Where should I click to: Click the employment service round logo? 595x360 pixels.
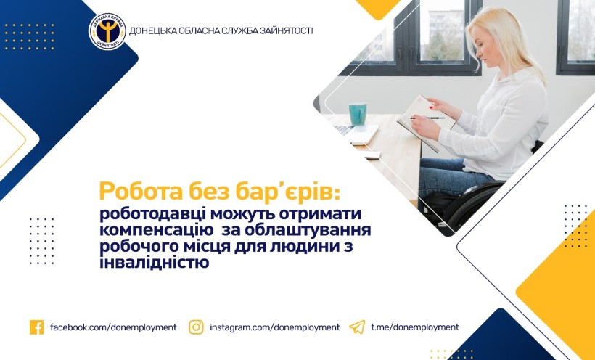click(107, 31)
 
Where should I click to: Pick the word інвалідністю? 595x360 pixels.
click(155, 263)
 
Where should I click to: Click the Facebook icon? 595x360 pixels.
click(36, 327)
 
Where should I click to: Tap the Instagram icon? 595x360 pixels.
click(196, 327)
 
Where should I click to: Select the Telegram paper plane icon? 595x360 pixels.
click(357, 327)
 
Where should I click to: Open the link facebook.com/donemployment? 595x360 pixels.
click(113, 327)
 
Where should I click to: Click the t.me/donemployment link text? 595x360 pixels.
click(415, 327)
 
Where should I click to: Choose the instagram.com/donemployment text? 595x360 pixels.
click(275, 327)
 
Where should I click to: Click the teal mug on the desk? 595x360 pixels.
click(358, 114)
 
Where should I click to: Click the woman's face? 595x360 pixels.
click(479, 49)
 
